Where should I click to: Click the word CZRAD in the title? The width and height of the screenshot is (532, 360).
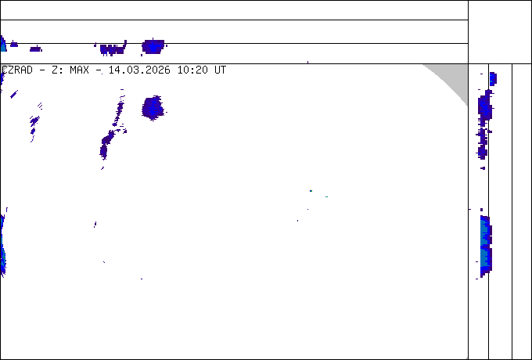(17, 70)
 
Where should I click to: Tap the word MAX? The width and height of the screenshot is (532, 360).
(79, 70)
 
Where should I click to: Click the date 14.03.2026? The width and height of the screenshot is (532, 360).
(139, 70)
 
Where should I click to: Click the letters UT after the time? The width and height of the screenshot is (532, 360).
(220, 70)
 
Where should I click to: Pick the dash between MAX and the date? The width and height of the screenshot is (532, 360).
(99, 70)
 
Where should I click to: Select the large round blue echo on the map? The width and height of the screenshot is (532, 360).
(153, 108)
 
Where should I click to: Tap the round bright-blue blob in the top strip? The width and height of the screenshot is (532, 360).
(153, 46)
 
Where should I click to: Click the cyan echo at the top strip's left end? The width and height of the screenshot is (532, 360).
(3, 43)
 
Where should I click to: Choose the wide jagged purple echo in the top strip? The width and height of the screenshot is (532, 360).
(113, 49)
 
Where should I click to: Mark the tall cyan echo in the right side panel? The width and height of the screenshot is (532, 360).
(486, 245)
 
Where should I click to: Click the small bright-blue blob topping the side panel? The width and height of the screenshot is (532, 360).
(493, 78)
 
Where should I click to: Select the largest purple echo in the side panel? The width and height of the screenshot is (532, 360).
(485, 108)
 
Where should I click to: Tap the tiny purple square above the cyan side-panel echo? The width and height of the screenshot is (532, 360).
(481, 210)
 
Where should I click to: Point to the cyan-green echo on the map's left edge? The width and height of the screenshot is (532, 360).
(2, 245)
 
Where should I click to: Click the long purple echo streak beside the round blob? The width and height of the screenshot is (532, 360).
(112, 128)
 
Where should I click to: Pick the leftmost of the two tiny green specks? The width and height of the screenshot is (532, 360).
(311, 191)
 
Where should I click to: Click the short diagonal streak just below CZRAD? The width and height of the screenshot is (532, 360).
(14, 94)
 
